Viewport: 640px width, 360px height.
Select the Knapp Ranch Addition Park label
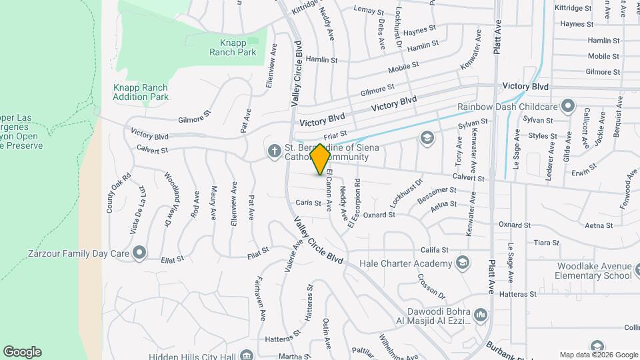(140, 92)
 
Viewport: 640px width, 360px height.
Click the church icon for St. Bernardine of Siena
(273, 151)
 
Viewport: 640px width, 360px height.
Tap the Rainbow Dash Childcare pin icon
(567, 106)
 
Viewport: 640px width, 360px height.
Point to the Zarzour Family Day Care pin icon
(139, 253)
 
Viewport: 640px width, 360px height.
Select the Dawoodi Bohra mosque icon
(481, 313)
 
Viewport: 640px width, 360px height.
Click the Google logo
(22, 352)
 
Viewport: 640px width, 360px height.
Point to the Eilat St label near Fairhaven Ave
(258, 252)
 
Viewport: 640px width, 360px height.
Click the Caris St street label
(309, 202)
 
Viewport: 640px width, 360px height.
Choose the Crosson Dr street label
(433, 285)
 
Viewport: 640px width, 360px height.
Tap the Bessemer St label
(437, 195)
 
